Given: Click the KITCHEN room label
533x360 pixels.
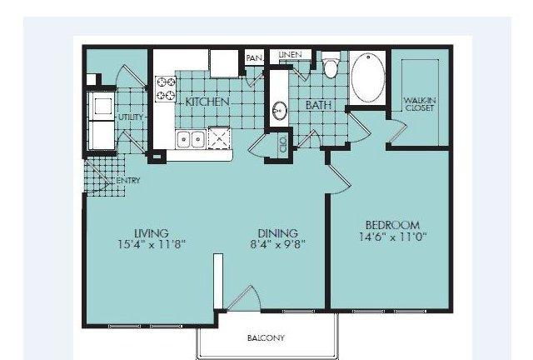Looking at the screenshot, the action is (x=207, y=102).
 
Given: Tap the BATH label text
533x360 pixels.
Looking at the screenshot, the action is (x=318, y=105).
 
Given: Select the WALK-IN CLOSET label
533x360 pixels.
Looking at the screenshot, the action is (x=420, y=104).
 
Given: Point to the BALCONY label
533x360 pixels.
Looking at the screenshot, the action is (x=266, y=337).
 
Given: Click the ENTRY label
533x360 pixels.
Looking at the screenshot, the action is (x=128, y=180).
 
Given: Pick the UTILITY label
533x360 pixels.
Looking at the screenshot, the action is (x=131, y=117).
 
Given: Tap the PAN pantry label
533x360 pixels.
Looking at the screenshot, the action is (x=254, y=58).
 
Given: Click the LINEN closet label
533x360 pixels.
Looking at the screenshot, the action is (x=290, y=54).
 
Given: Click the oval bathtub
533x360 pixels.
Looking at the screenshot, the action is (x=368, y=77).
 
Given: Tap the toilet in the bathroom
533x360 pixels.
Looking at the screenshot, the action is (x=330, y=65).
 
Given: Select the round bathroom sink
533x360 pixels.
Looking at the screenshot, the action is (x=280, y=111).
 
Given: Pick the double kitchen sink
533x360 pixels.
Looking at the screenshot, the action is (x=191, y=139).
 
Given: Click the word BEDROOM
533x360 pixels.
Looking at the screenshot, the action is (x=392, y=225).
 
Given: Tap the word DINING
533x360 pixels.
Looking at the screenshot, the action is (x=277, y=233).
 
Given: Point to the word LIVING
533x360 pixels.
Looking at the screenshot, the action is (x=152, y=233).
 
